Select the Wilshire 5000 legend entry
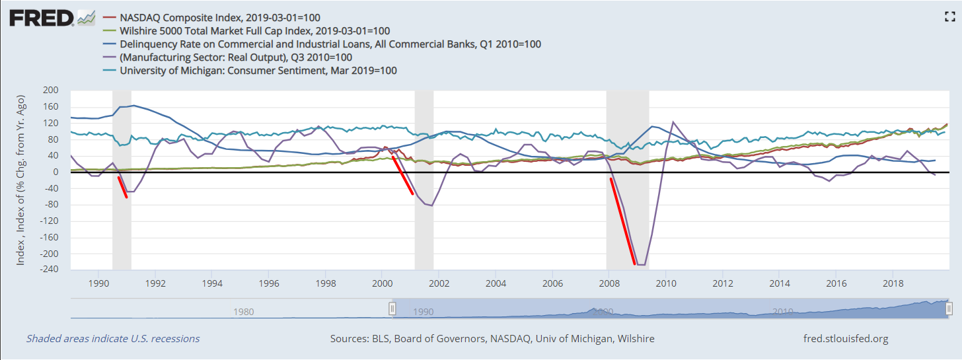tap(254, 30)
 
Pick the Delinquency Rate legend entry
tap(330, 44)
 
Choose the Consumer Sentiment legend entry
tap(258, 70)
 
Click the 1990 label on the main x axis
tap(98, 283)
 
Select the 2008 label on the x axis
tap(609, 283)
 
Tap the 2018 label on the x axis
tap(893, 283)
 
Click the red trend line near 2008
tap(622, 221)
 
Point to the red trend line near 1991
tap(122, 187)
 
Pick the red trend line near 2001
tap(403, 175)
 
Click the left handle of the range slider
tap(392, 308)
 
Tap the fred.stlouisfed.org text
tap(845, 339)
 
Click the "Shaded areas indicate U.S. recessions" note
tap(112, 339)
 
